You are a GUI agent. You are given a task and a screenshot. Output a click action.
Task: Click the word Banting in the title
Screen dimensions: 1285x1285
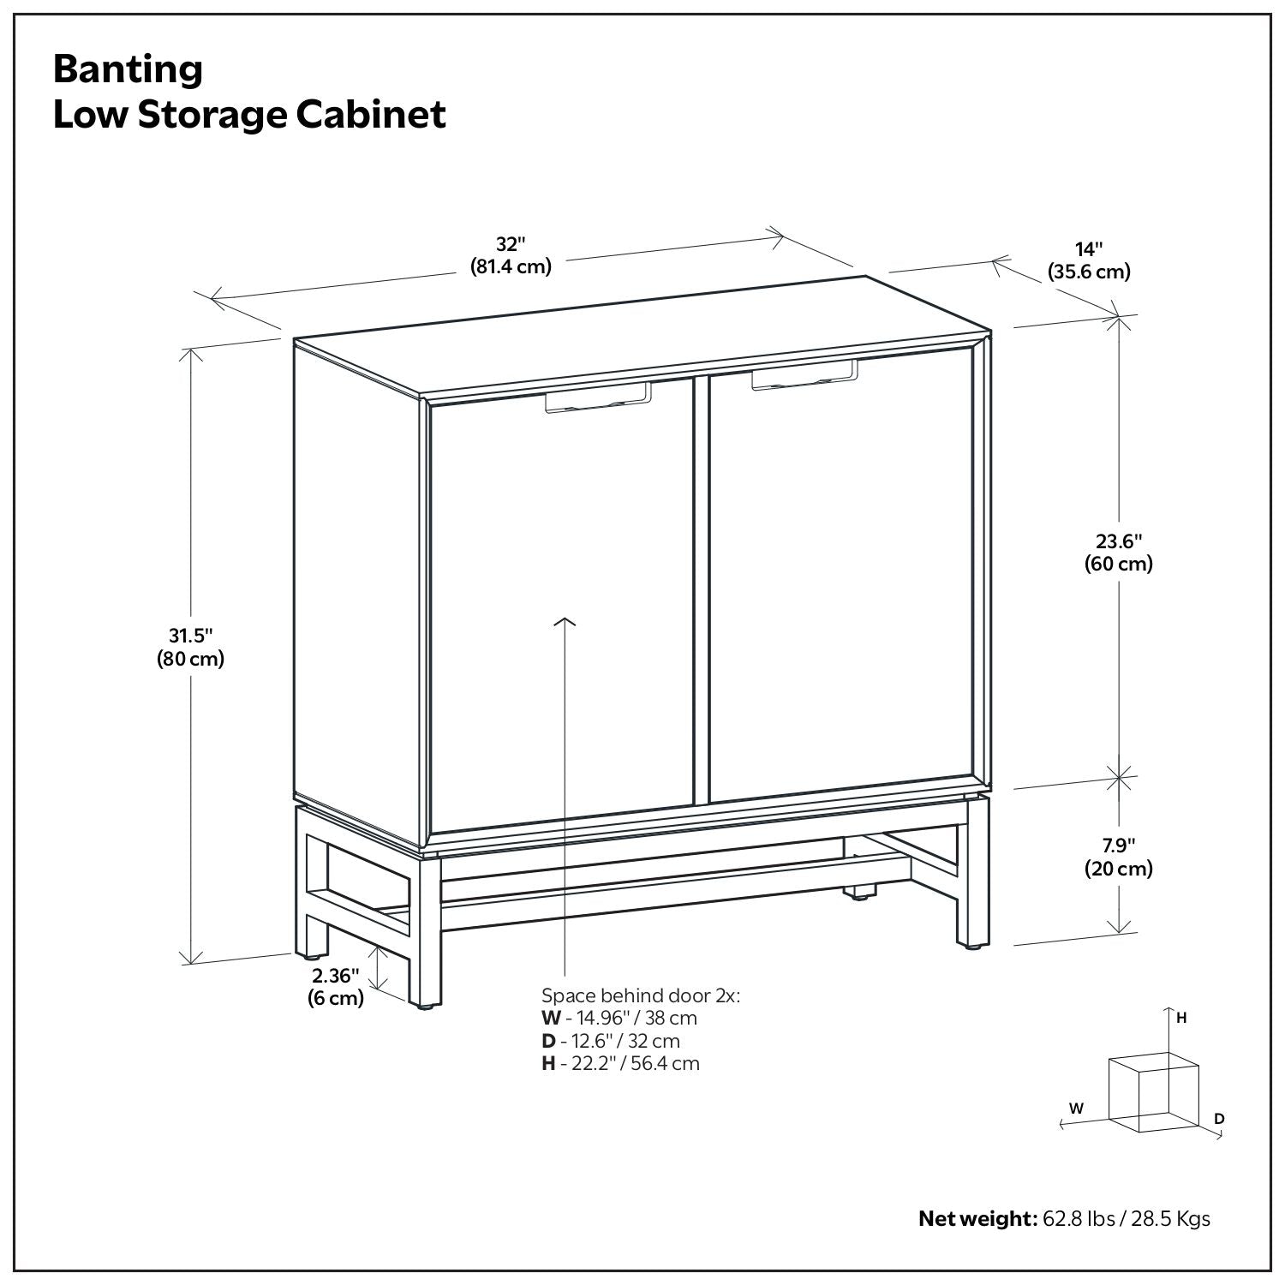tap(128, 69)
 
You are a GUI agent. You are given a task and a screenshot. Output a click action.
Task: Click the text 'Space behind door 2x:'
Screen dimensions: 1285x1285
tap(640, 995)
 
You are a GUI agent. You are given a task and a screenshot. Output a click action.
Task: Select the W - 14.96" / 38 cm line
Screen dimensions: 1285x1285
tap(619, 1018)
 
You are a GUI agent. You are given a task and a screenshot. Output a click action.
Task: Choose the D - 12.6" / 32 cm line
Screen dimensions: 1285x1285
tap(610, 1041)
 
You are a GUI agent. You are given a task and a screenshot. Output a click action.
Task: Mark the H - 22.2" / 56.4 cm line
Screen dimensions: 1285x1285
tap(620, 1063)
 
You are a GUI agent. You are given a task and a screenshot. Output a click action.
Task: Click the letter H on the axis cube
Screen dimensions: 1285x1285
tap(1181, 1018)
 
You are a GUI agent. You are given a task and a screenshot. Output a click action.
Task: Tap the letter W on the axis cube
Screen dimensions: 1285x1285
tap(1076, 1108)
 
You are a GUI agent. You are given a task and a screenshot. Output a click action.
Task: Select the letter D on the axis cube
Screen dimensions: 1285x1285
tap(1219, 1119)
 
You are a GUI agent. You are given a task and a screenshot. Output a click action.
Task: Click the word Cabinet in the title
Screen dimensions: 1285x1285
tap(371, 115)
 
